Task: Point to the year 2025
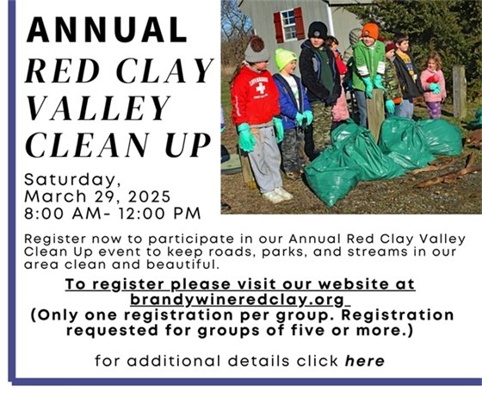[x=158, y=196]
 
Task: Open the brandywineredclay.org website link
[x=238, y=300]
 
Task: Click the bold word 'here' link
[x=364, y=361]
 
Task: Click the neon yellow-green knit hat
[x=285, y=59]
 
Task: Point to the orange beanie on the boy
[x=370, y=31]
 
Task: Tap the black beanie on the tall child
[x=318, y=30]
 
